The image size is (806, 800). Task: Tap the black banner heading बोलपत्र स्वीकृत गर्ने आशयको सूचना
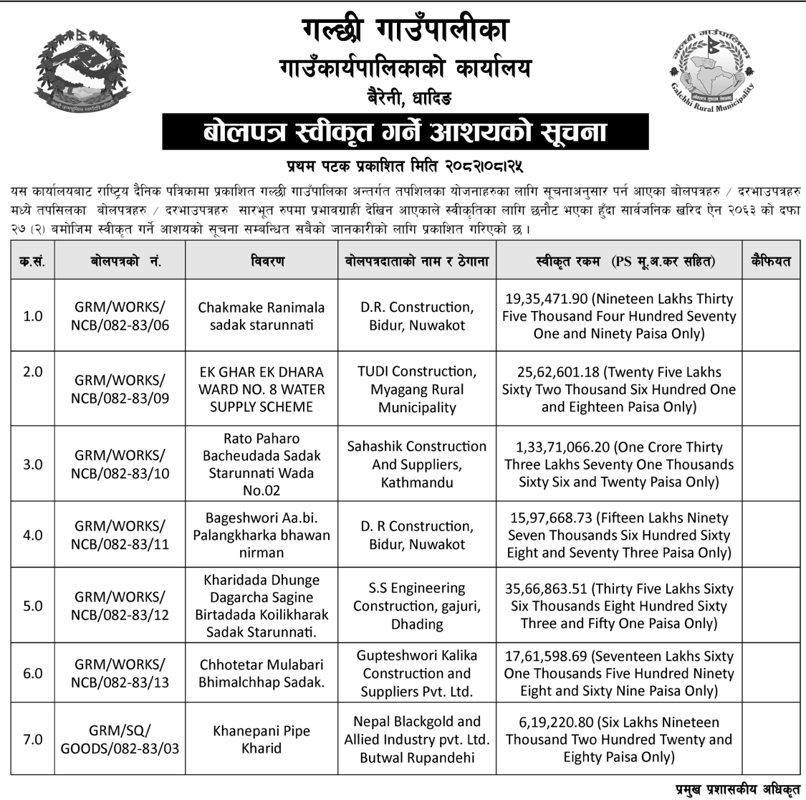pos(405,133)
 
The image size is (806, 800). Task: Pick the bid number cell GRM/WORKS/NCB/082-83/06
pos(120,316)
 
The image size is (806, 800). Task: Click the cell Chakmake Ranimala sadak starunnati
pos(262,316)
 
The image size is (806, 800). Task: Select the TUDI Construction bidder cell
pos(417,389)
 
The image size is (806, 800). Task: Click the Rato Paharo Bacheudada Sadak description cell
pos(262,464)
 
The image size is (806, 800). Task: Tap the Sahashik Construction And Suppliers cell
pos(417,464)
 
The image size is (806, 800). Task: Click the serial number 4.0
pos(33,535)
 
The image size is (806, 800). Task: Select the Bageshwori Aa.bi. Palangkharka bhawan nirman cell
pos(262,535)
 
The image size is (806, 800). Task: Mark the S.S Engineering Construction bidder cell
pos(417,606)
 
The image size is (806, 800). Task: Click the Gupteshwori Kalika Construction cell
pos(417,673)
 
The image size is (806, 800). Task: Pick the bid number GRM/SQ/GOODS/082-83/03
pos(120,739)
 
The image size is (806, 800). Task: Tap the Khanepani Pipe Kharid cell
pos(262,739)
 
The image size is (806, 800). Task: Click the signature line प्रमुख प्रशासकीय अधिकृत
pos(737,789)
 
